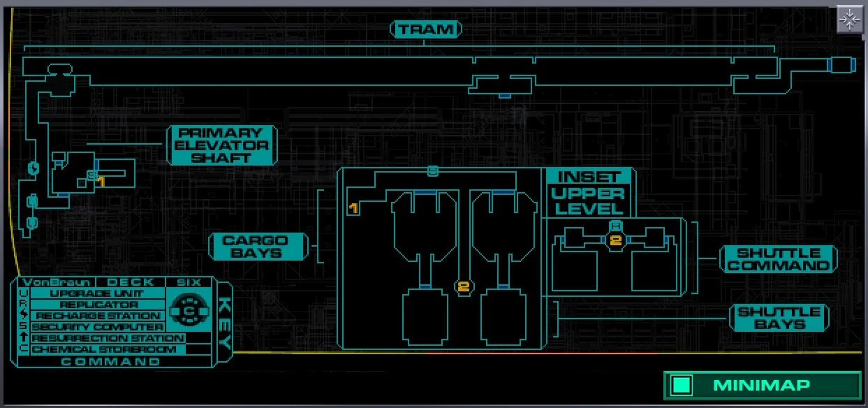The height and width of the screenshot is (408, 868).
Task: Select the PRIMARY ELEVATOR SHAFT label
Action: point(221,145)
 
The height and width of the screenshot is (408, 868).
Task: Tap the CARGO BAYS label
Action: point(259,247)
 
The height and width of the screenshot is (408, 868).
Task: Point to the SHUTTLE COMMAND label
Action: point(779,258)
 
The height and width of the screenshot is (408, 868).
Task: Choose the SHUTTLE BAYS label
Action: point(779,318)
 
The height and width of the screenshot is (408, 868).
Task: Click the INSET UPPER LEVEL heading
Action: point(589,192)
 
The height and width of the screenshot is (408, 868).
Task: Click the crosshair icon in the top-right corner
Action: point(850,20)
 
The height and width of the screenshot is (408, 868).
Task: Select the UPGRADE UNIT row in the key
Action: point(96,293)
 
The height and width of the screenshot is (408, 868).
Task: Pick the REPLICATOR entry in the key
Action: point(96,305)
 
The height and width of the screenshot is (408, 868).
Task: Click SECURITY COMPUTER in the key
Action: point(97,327)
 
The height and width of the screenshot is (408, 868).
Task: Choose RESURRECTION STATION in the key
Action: point(107,338)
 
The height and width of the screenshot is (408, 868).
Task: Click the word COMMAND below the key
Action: point(110,362)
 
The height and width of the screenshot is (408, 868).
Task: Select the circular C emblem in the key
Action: point(187,310)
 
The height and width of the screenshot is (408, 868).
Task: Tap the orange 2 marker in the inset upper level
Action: point(615,240)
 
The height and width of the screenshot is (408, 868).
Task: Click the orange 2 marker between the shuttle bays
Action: point(464,286)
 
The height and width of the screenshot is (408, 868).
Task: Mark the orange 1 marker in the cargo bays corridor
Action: point(353,208)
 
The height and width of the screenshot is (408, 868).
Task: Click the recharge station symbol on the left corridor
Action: point(32,168)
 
